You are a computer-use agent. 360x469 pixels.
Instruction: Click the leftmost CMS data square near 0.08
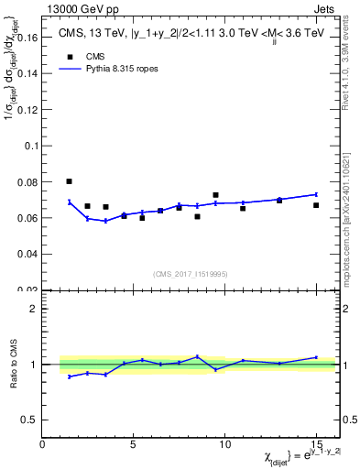[70, 181]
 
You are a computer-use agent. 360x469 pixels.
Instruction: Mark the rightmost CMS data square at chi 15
[316, 205]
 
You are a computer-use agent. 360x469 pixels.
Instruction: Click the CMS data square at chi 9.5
[215, 195]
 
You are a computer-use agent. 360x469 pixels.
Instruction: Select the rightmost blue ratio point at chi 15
[316, 357]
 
